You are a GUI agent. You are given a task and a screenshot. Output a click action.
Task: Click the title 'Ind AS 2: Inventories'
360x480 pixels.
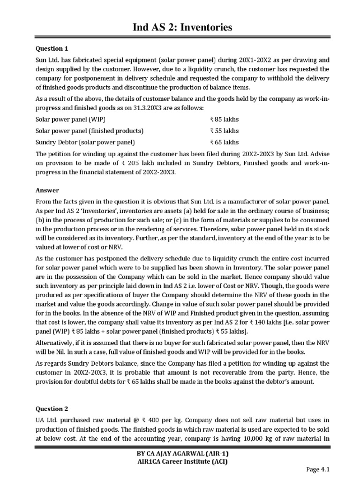(180, 27)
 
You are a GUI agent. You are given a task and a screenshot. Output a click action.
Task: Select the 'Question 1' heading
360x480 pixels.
(49, 48)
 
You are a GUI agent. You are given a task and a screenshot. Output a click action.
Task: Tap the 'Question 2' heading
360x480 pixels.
(49, 408)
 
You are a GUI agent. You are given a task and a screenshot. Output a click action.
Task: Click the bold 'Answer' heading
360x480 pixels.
(47, 190)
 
